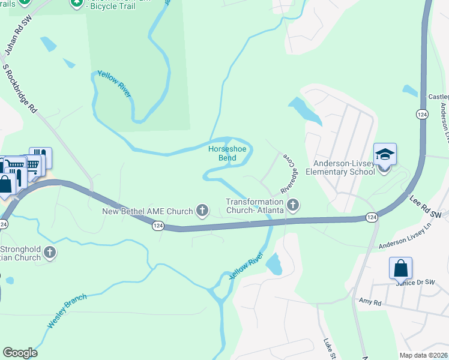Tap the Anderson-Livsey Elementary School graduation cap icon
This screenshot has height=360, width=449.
point(384,155)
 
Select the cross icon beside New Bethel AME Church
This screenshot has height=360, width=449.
point(203,211)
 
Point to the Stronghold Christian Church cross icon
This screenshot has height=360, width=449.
point(50,253)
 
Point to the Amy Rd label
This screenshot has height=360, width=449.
point(370,301)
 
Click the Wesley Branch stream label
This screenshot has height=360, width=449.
point(67,310)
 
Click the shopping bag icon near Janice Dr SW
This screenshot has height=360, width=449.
point(400,268)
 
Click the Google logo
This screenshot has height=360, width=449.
point(20,353)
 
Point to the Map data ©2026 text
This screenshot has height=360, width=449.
point(423,355)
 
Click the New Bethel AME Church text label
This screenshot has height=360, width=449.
point(147,211)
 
